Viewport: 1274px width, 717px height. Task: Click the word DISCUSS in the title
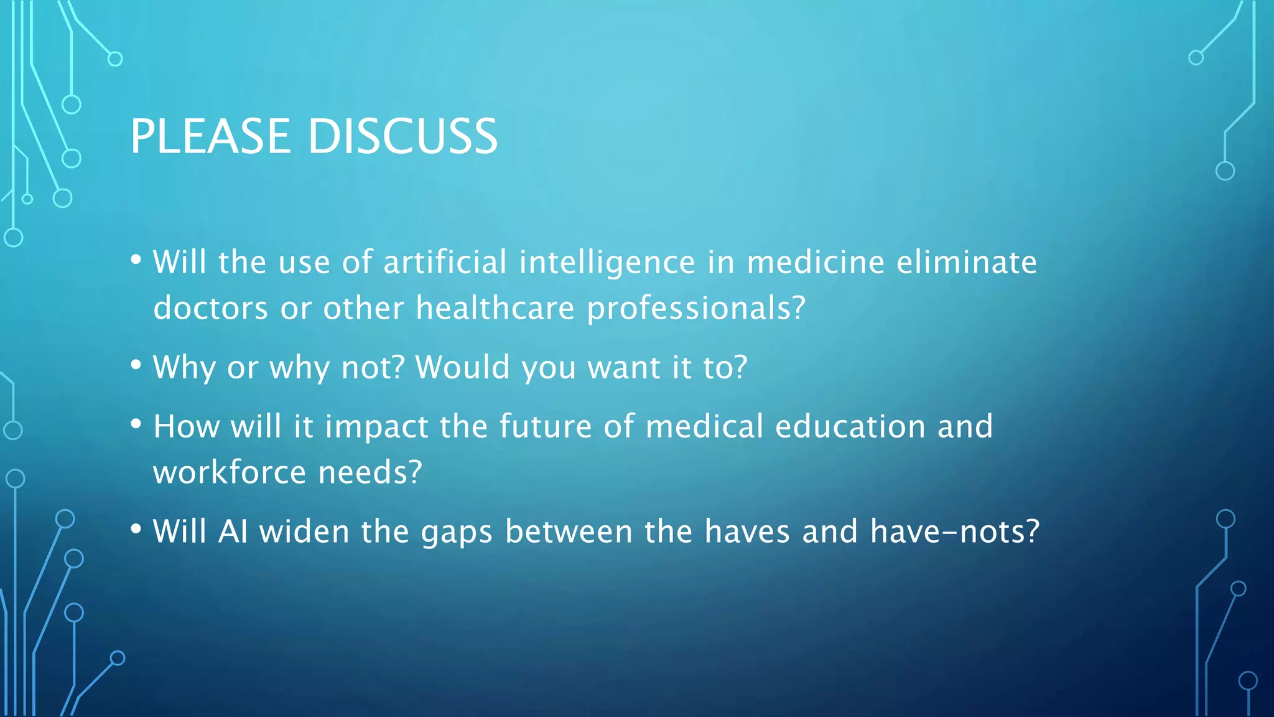click(x=402, y=136)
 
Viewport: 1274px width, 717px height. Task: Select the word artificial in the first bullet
click(x=445, y=262)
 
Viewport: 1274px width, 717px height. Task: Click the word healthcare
click(x=495, y=308)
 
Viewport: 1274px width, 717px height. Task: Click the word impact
click(x=376, y=428)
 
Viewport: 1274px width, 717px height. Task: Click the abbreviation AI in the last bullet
click(x=233, y=532)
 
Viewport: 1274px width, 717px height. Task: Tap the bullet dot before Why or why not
click(x=136, y=365)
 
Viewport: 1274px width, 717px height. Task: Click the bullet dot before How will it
click(x=136, y=424)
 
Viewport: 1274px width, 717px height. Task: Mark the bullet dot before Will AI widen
click(x=136, y=530)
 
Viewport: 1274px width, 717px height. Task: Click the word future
click(x=545, y=426)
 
